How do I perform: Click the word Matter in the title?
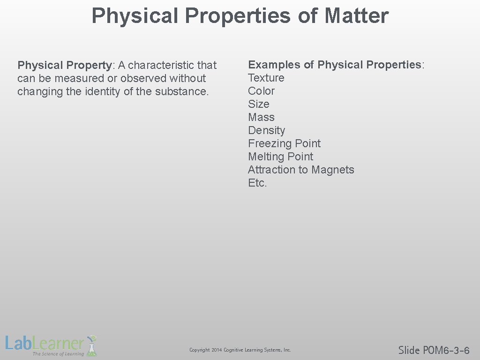pos(356,15)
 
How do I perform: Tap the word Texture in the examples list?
pos(266,78)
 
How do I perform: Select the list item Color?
pos(261,91)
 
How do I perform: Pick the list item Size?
pos(259,104)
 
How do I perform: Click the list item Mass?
pos(261,117)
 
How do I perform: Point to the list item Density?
pos(266,131)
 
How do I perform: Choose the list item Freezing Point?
pos(284,143)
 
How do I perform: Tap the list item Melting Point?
pos(280,157)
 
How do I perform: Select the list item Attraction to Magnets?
pos(301,170)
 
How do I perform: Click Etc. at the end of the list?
pos(257,183)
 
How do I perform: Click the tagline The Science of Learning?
pos(58,354)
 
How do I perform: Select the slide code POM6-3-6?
pos(446,350)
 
